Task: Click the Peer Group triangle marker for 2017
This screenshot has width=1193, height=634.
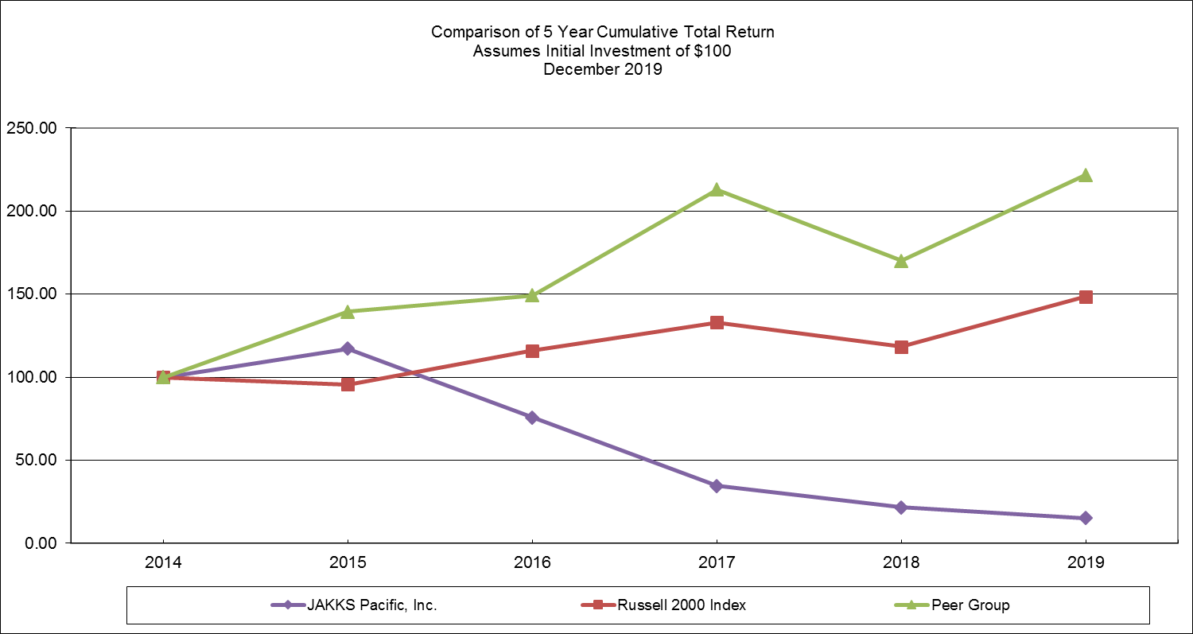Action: click(x=717, y=189)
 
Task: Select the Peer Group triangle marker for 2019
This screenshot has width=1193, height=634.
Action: click(x=1086, y=175)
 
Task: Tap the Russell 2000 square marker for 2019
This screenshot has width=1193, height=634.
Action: click(x=1086, y=297)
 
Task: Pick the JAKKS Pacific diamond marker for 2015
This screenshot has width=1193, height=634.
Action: click(x=348, y=348)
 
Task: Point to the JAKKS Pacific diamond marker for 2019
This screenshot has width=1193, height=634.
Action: click(x=1086, y=518)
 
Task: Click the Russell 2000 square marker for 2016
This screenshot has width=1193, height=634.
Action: click(x=532, y=351)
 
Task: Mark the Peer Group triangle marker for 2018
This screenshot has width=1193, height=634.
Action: click(x=901, y=261)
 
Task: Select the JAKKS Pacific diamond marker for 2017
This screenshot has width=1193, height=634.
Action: click(x=717, y=485)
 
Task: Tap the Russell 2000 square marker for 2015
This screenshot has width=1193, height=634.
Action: click(x=348, y=384)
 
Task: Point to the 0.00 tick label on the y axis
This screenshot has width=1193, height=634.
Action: click(x=41, y=543)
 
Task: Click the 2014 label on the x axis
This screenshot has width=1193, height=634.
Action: click(x=163, y=563)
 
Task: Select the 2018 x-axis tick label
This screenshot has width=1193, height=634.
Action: click(x=901, y=563)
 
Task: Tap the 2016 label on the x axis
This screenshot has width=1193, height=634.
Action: click(x=532, y=563)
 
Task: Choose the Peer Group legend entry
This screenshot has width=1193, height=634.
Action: click(x=971, y=605)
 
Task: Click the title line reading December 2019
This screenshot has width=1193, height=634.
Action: click(x=602, y=69)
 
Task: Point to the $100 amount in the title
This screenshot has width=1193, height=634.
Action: click(x=713, y=51)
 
